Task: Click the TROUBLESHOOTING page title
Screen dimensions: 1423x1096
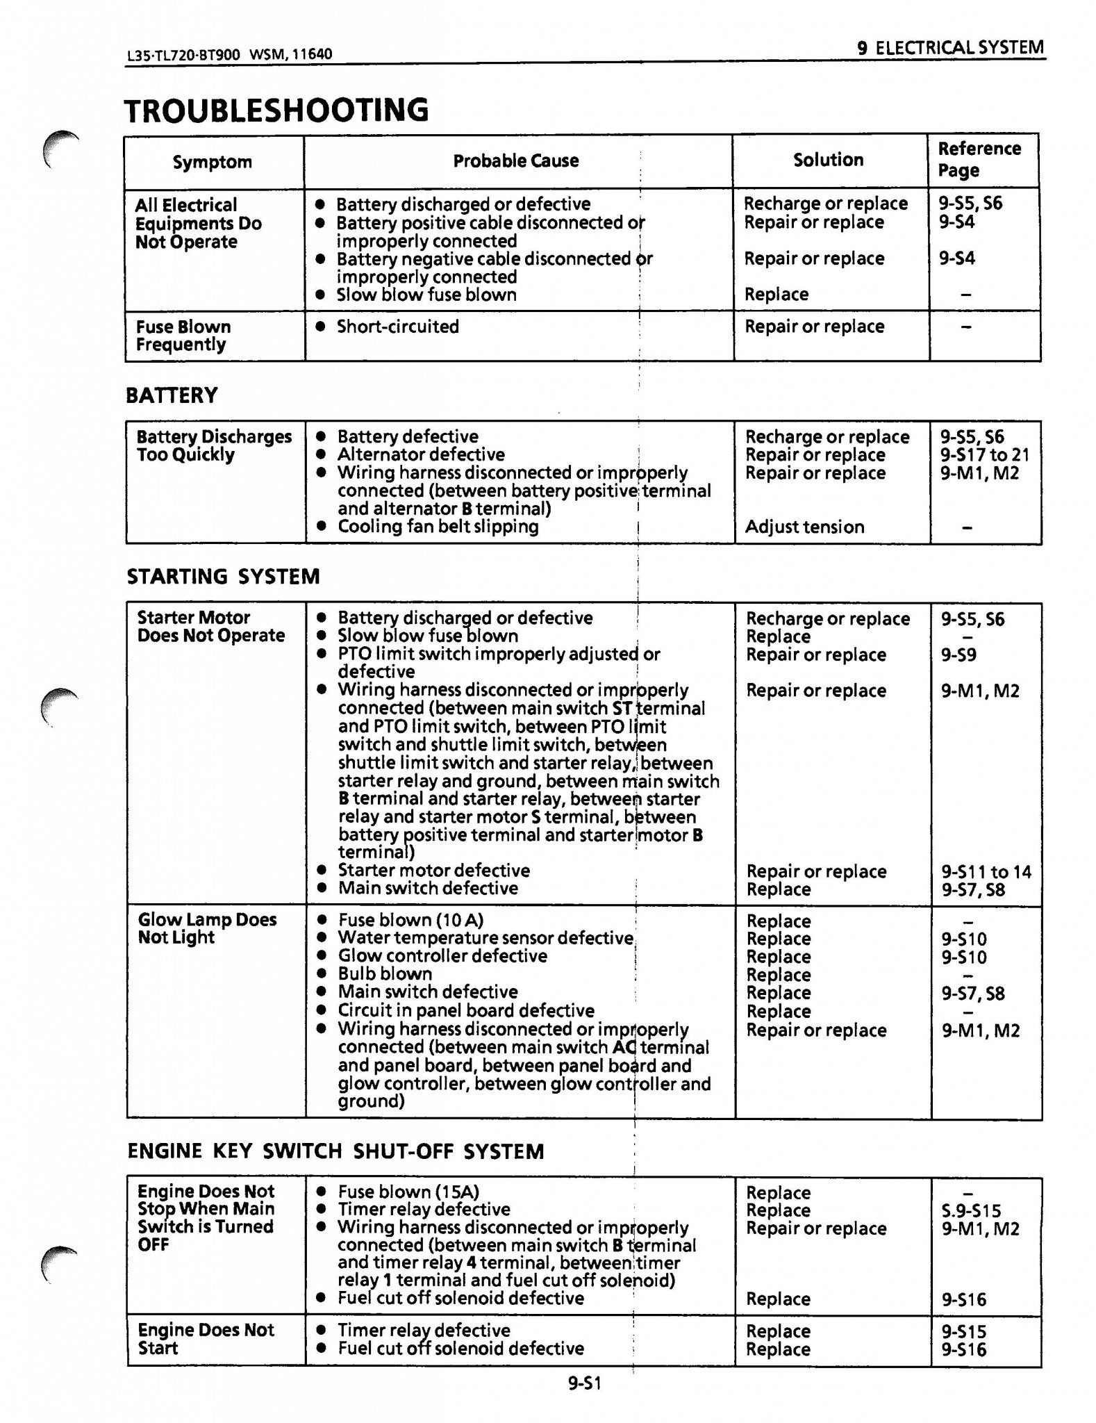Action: (x=276, y=110)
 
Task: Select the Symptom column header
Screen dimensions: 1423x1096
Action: (x=213, y=162)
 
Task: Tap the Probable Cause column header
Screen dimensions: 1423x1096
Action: (x=515, y=161)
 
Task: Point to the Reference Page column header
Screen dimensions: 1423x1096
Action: (x=979, y=159)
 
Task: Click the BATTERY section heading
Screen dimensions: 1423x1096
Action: (x=172, y=395)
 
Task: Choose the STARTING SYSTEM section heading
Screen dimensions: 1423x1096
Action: (x=223, y=576)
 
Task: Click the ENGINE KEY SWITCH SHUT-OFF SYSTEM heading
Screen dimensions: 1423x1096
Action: (x=335, y=1151)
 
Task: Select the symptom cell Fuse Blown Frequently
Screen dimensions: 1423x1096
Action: (x=183, y=336)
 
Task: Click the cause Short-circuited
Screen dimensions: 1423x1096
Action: (x=397, y=327)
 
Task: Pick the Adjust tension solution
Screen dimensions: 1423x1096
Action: (x=804, y=527)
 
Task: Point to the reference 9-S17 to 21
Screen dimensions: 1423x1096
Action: (x=984, y=455)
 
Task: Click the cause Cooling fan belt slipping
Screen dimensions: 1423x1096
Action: (x=438, y=527)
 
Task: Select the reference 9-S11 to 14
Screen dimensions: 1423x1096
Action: (x=986, y=871)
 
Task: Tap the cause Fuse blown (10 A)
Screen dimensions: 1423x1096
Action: (x=410, y=920)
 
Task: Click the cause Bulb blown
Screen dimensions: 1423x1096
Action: (x=385, y=974)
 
